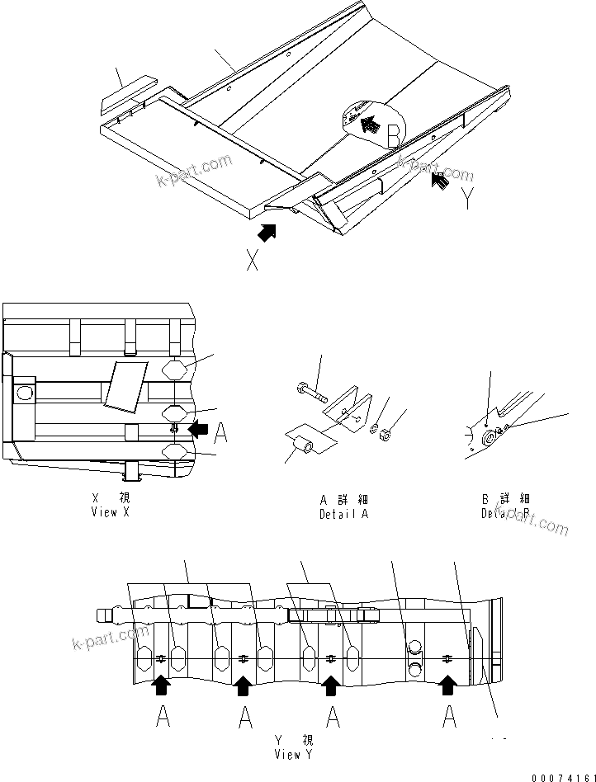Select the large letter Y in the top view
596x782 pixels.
coord(469,198)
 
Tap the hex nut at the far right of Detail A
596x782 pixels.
coord(384,436)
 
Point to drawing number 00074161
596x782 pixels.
coord(562,775)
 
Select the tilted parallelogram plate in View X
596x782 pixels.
coord(126,384)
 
